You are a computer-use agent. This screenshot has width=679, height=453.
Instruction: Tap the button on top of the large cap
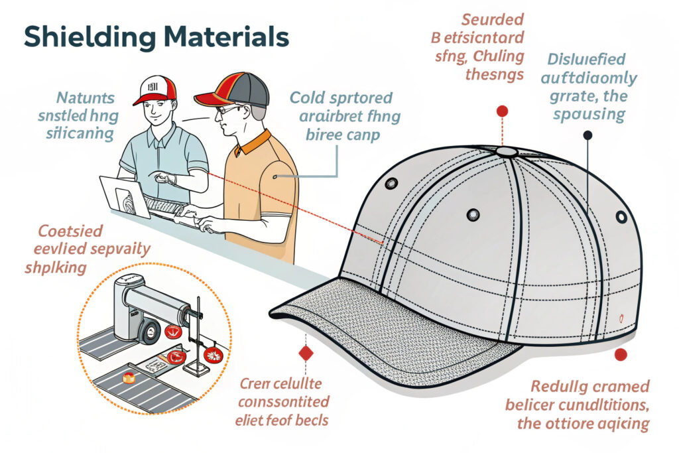point(506,152)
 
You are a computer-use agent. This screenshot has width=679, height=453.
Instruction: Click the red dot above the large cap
point(502,111)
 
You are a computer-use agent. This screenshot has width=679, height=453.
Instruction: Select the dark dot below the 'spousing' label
point(587,135)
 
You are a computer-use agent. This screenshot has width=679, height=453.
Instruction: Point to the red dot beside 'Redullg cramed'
point(621,355)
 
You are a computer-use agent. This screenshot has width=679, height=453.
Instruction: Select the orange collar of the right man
point(258,142)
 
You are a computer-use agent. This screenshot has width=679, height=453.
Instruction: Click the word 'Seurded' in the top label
point(493,19)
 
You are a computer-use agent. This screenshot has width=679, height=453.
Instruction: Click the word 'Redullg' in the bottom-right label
point(560,386)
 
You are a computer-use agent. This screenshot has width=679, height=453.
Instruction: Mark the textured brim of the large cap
point(385,338)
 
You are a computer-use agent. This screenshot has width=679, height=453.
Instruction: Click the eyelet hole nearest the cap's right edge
point(621,217)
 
